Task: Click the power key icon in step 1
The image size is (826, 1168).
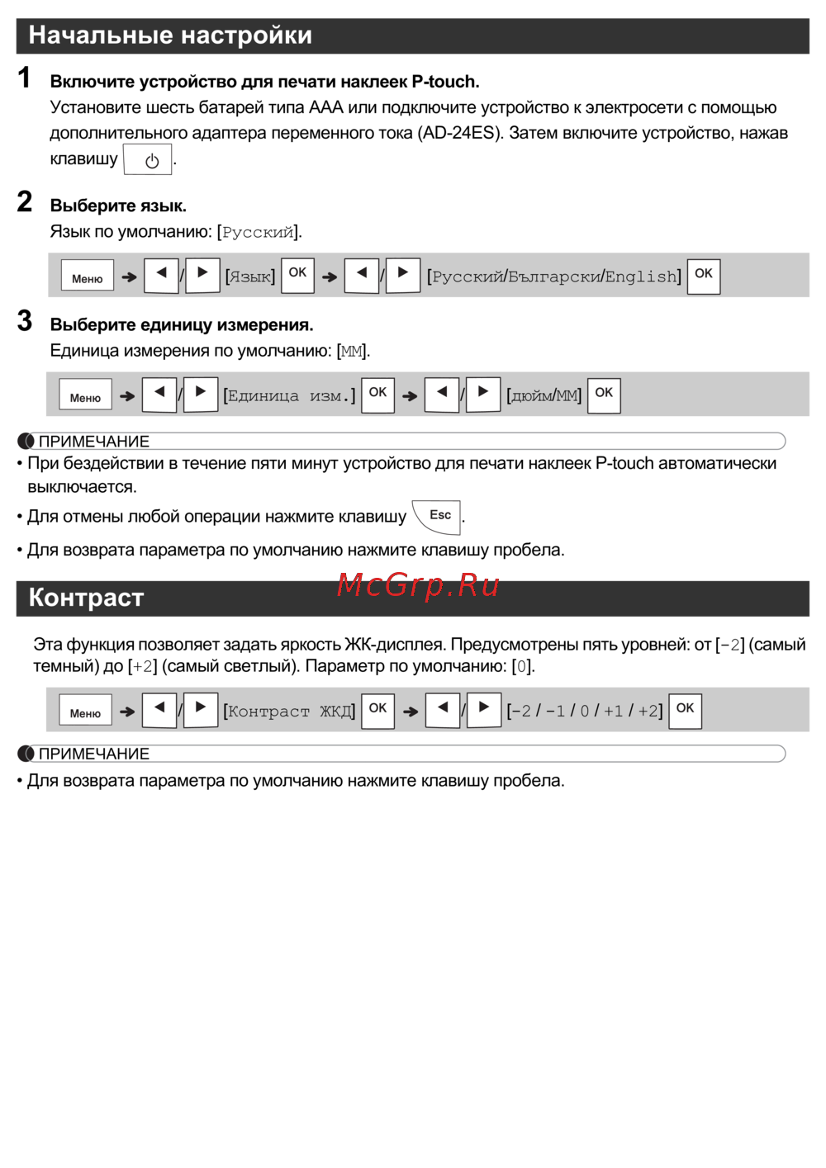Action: (148, 160)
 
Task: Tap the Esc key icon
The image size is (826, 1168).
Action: (438, 517)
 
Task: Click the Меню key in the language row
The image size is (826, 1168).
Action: (87, 276)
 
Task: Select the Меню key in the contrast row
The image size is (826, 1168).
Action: (85, 711)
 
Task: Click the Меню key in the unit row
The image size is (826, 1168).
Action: (85, 395)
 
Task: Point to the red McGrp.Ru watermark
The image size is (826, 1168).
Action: (418, 585)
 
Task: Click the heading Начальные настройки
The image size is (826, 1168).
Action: (170, 35)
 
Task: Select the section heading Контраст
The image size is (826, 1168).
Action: (86, 598)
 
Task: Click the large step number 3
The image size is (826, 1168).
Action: (25, 321)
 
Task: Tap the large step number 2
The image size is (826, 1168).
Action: (25, 202)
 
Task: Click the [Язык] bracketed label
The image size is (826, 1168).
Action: (250, 277)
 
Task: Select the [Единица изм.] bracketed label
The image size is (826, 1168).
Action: (289, 396)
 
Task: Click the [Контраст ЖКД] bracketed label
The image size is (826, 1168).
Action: (289, 712)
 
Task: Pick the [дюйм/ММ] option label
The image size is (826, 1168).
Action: (544, 396)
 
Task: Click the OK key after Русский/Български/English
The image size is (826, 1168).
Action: (703, 275)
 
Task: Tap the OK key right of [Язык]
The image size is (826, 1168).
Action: (297, 274)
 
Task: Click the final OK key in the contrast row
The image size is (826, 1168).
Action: (685, 710)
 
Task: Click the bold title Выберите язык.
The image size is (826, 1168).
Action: (118, 206)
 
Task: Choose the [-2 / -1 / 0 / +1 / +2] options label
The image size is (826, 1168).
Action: (584, 712)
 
